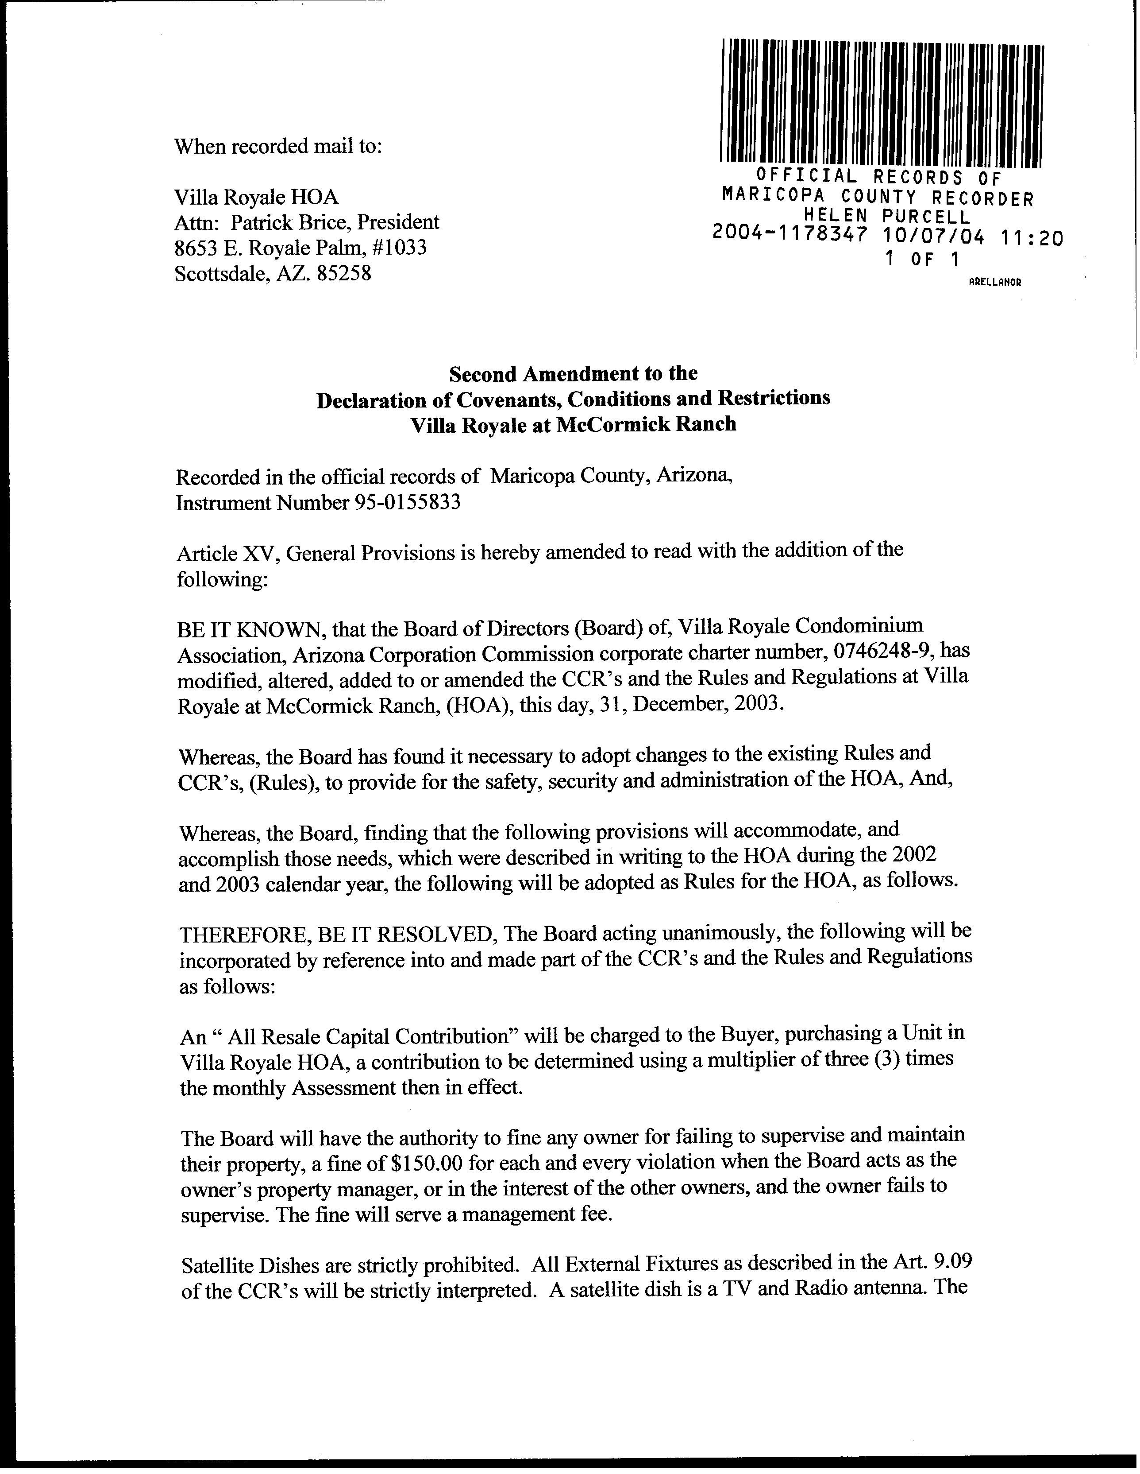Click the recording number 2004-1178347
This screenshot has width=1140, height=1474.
[x=789, y=237]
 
